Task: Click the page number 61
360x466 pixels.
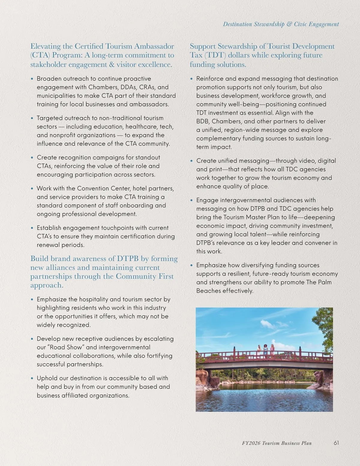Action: click(x=336, y=443)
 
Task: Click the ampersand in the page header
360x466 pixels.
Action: click(x=289, y=24)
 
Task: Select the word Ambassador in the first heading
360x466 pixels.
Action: click(x=154, y=46)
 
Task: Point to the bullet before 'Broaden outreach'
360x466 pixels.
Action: click(x=32, y=79)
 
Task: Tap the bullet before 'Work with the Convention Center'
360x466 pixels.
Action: click(x=32, y=189)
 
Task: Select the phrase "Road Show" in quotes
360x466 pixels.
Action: click(x=66, y=347)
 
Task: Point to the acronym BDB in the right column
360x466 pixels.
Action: click(x=203, y=121)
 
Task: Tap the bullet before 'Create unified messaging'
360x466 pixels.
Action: click(x=192, y=161)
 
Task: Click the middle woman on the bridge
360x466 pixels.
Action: click(x=265, y=350)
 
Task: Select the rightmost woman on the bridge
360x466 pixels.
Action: click(x=272, y=350)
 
